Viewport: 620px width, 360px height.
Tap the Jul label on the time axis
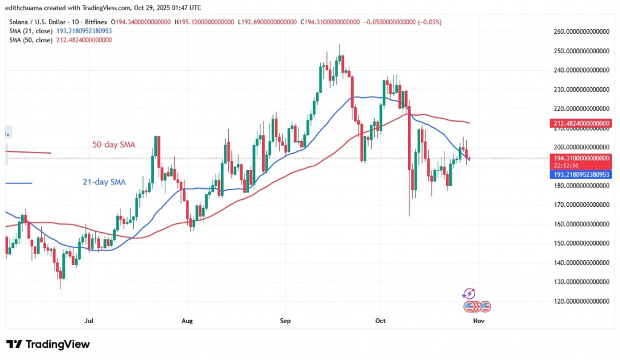click(89, 320)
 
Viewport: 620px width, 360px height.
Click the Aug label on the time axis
click(187, 320)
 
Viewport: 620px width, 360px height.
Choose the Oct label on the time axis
click(381, 320)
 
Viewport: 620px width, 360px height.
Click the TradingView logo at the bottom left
click(48, 344)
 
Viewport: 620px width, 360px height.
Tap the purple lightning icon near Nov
click(468, 294)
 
